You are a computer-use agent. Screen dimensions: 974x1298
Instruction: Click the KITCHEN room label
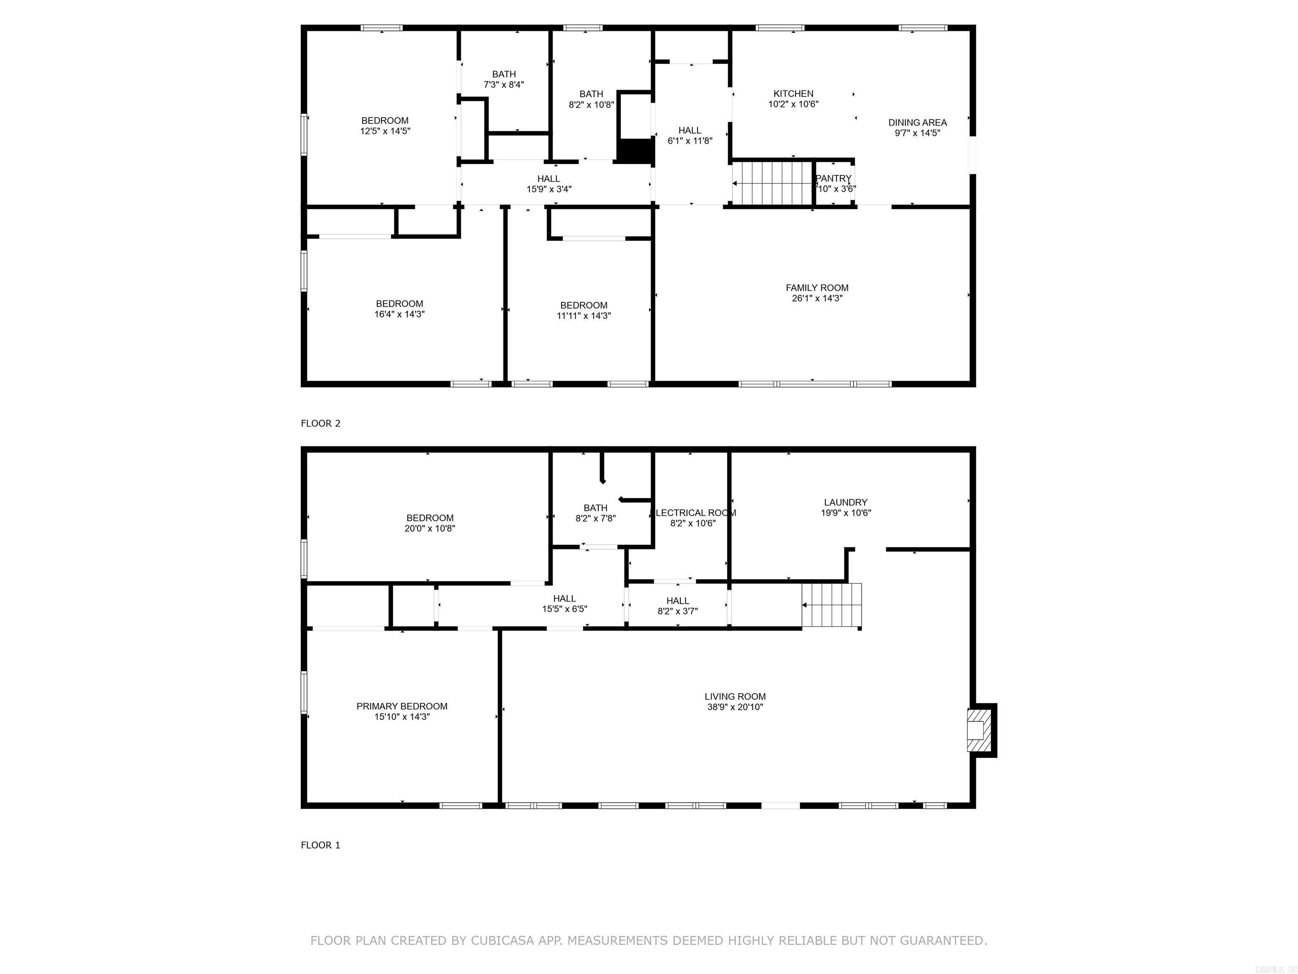point(794,94)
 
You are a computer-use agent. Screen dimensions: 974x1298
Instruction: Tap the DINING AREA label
point(917,123)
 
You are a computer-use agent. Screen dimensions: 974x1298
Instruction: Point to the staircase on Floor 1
point(832,605)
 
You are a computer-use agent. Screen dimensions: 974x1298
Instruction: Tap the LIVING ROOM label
point(735,696)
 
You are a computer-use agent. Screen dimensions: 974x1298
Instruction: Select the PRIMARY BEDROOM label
point(402,706)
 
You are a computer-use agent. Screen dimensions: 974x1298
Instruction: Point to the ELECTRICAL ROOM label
point(694,512)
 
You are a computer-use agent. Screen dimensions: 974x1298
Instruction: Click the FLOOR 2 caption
point(320,423)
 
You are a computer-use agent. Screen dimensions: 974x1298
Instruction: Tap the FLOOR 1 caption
point(320,845)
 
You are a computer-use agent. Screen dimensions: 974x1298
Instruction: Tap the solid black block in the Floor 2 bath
point(635,151)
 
